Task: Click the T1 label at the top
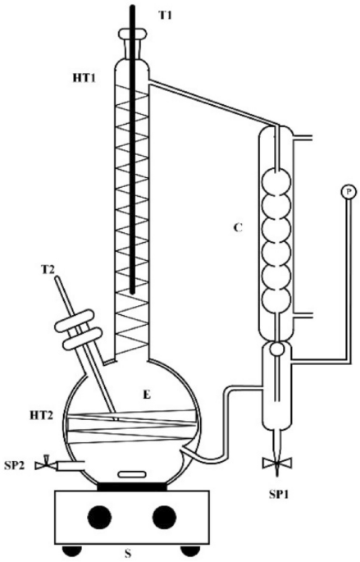165,16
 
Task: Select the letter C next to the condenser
238,227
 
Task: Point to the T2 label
48,270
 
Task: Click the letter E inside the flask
147,395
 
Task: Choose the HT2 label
42,416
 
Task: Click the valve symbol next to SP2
45,464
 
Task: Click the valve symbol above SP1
277,463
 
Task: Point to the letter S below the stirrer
128,554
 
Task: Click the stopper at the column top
133,34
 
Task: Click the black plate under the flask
132,486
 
